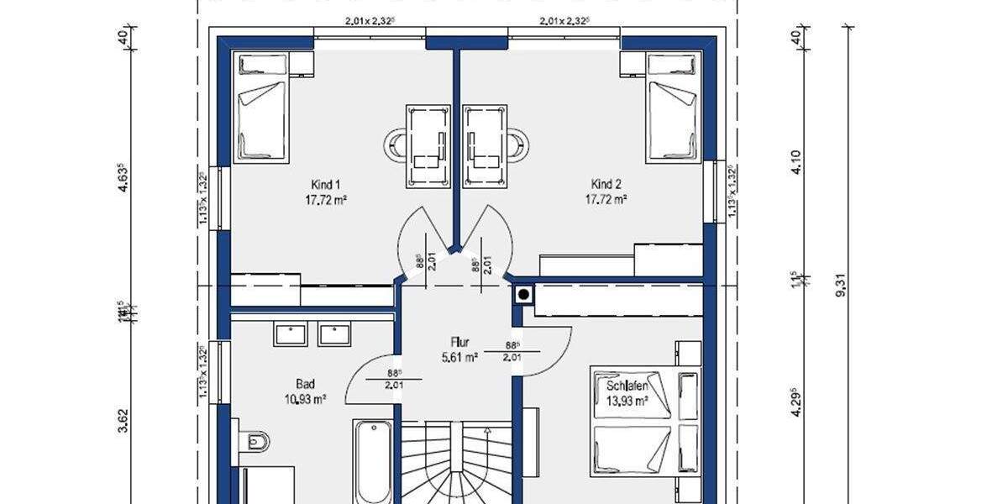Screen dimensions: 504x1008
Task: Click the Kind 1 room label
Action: coord(325,185)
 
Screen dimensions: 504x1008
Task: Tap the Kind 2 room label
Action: coord(606,185)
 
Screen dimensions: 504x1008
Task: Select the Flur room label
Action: coord(459,343)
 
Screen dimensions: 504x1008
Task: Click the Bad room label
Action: coord(305,384)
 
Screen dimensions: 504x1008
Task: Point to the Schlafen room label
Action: coord(627,386)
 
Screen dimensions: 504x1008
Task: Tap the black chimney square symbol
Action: coord(524,295)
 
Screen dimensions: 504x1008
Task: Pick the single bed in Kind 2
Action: coord(672,109)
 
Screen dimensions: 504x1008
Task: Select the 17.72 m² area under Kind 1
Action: coord(326,200)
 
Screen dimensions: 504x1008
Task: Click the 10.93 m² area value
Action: coord(305,400)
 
